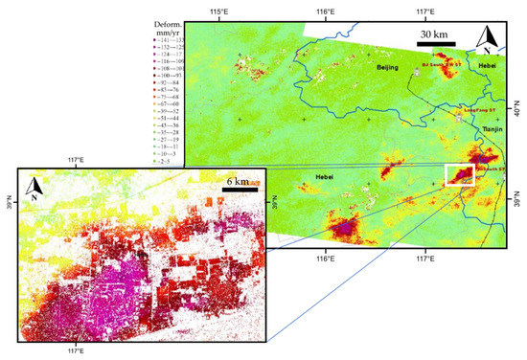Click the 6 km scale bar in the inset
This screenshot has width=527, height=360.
pos(239,189)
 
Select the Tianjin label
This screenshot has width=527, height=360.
pos(493,128)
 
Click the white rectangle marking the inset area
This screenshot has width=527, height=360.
pos(461,174)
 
